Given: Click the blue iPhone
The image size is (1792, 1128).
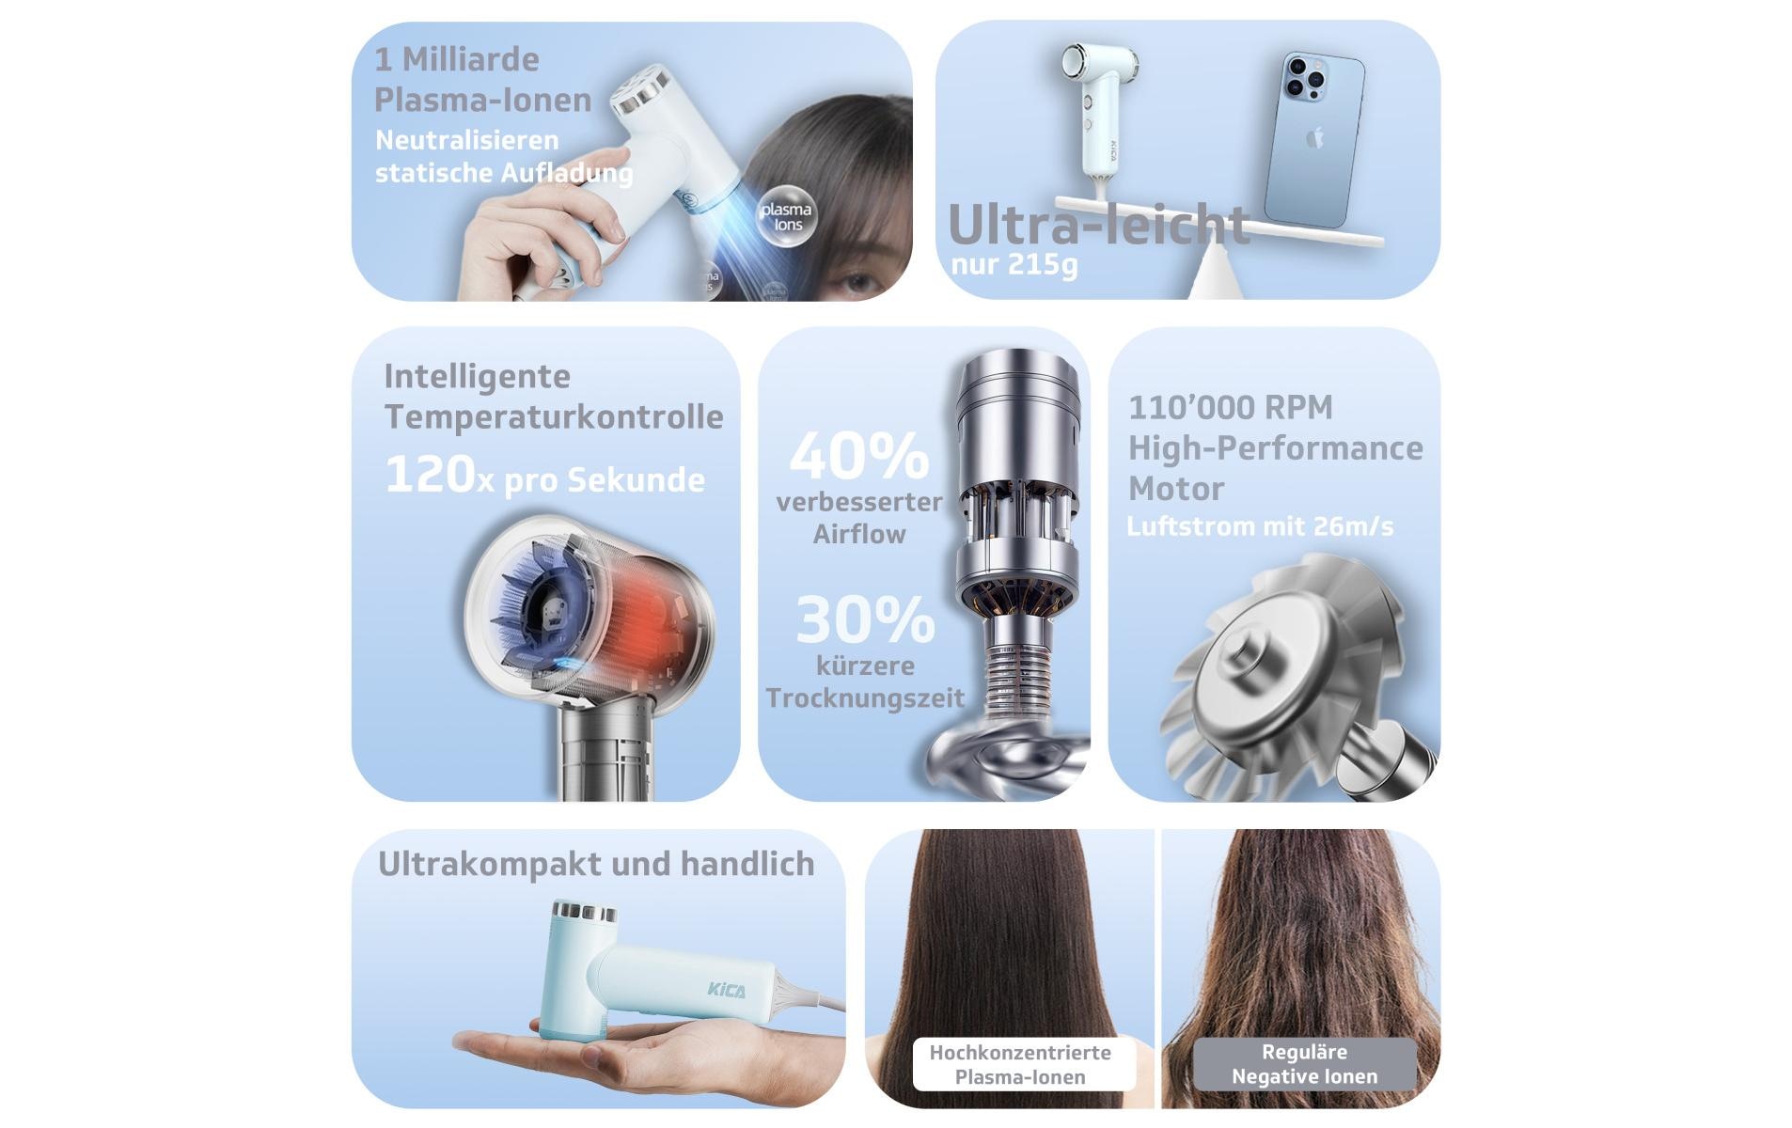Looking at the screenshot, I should tap(1313, 141).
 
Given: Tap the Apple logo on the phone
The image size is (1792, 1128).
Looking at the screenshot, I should tap(1314, 137).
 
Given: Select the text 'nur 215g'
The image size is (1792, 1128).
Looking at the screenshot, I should tap(1014, 264).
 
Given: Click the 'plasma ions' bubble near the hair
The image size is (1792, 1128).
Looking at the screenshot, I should tap(786, 216).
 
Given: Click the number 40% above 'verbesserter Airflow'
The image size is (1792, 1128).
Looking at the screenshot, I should tap(859, 457).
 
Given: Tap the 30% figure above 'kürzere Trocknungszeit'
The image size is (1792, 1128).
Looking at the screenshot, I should tap(865, 620).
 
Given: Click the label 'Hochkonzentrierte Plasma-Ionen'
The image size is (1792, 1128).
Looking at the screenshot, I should tap(1020, 1064).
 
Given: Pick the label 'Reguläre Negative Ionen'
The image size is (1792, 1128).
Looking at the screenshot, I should tap(1304, 1064).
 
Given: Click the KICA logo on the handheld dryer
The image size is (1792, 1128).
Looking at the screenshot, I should tap(727, 990).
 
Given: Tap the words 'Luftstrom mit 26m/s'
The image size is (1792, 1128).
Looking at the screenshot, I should tap(1260, 526).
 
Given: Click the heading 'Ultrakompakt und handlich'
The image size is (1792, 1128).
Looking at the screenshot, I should tap(596, 864).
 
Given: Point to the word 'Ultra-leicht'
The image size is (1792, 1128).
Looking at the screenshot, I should tap(1098, 225).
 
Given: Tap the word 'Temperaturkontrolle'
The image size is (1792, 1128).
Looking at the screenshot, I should tap(554, 416).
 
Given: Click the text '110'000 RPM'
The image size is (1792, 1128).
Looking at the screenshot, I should tap(1230, 407).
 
